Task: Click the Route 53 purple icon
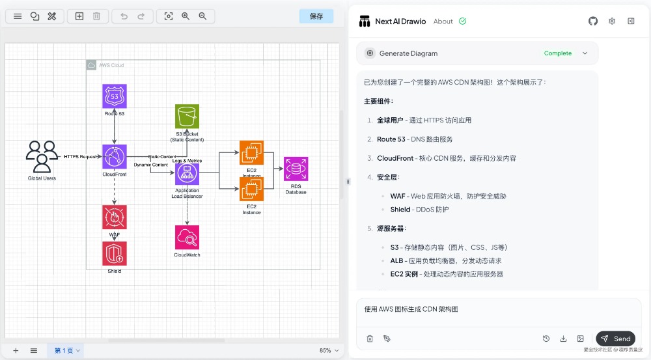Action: coord(115,96)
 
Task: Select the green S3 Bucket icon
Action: coord(187,117)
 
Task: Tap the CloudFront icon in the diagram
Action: coord(115,156)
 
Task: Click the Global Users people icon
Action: coord(42,156)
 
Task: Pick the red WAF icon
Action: coord(115,217)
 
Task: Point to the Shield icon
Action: coord(115,253)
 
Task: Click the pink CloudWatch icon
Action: coord(187,238)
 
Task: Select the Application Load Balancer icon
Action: coord(187,174)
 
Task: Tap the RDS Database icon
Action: coord(296,169)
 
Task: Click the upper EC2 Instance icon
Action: coord(251,152)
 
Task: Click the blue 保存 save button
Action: coord(316,16)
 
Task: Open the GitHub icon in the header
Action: coord(593,21)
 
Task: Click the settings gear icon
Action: coord(612,21)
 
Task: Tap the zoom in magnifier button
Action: coord(186,16)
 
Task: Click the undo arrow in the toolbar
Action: coord(124,16)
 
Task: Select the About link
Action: coord(443,21)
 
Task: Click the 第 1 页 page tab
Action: coord(67,350)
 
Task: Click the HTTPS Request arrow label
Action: coord(81,157)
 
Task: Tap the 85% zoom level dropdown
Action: coord(328,350)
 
